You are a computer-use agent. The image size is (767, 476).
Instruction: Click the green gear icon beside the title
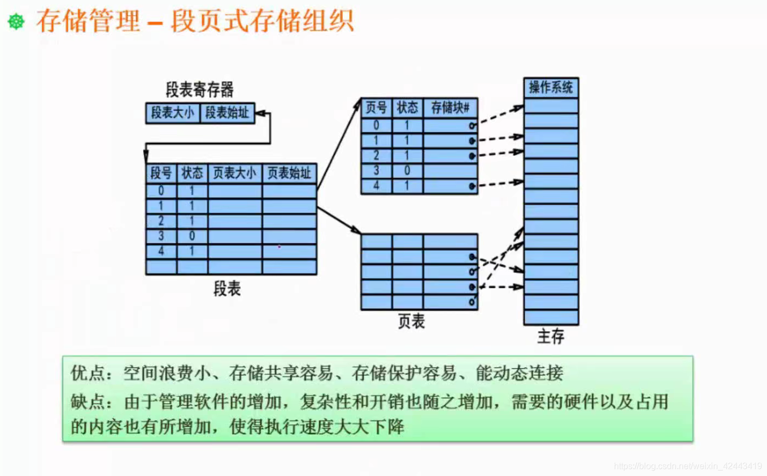point(16,22)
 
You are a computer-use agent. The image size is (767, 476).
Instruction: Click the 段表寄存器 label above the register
point(199,89)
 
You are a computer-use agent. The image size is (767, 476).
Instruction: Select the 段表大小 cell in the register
point(173,113)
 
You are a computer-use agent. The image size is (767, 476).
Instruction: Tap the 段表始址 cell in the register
point(227,113)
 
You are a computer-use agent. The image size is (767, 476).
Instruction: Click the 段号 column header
point(161,173)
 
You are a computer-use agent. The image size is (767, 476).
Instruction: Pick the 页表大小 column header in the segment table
point(234,173)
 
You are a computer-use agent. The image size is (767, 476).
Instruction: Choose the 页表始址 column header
point(289,173)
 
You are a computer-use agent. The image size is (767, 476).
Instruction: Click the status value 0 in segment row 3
point(192,236)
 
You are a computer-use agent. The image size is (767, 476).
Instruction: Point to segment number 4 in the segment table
point(161,251)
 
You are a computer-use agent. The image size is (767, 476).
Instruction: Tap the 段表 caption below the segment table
point(227,289)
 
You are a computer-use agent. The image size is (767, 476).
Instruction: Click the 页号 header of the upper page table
point(376,108)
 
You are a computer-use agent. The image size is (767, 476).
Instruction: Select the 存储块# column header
point(450,108)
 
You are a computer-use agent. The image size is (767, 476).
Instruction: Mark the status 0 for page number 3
point(407,170)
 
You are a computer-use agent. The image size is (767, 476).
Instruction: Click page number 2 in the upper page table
point(376,156)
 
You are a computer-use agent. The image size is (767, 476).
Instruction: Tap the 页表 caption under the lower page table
point(411,321)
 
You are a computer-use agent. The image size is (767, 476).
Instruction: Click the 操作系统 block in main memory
point(551,88)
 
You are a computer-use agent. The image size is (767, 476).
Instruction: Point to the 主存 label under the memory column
point(551,336)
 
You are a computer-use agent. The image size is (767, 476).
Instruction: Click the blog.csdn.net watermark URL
point(687,466)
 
